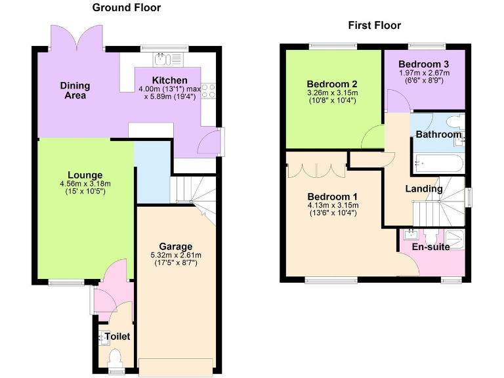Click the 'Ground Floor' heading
(x=126, y=8)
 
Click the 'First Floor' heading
(x=374, y=26)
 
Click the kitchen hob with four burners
(x=209, y=91)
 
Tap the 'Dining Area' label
(x=75, y=91)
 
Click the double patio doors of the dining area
(x=77, y=40)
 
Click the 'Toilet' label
(x=117, y=337)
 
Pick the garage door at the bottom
(x=176, y=367)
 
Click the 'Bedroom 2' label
(x=332, y=84)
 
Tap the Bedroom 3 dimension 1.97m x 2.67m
(x=425, y=73)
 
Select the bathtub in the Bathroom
(x=438, y=162)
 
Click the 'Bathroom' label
(x=438, y=135)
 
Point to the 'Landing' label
(x=423, y=189)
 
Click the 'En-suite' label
(x=430, y=247)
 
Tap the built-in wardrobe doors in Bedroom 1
(x=317, y=170)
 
